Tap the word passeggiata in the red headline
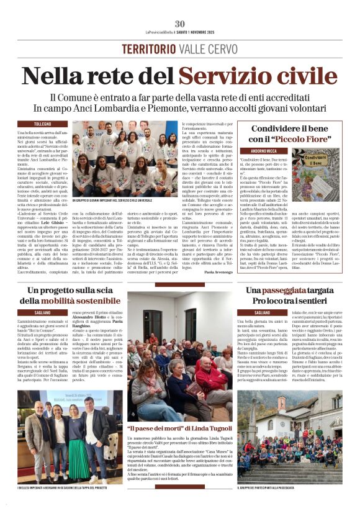(292, 291)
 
